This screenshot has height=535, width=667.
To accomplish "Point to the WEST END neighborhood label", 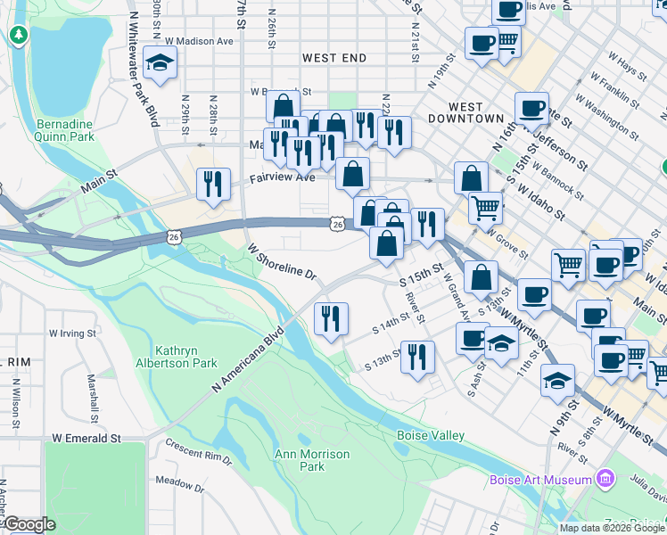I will (334, 58).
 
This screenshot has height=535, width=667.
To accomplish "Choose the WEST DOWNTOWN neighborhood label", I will (465, 112).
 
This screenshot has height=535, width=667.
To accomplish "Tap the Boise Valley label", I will (430, 435).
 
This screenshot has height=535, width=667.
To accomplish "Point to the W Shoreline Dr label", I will (282, 263).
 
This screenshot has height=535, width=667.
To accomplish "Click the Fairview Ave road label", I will (283, 177).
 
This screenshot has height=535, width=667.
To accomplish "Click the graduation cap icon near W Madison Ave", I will (161, 62).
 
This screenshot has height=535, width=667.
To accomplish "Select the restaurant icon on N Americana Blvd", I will (331, 319).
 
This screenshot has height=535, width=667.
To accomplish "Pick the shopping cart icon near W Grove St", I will (485, 208).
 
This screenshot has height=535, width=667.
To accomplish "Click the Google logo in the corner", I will (29, 524).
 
